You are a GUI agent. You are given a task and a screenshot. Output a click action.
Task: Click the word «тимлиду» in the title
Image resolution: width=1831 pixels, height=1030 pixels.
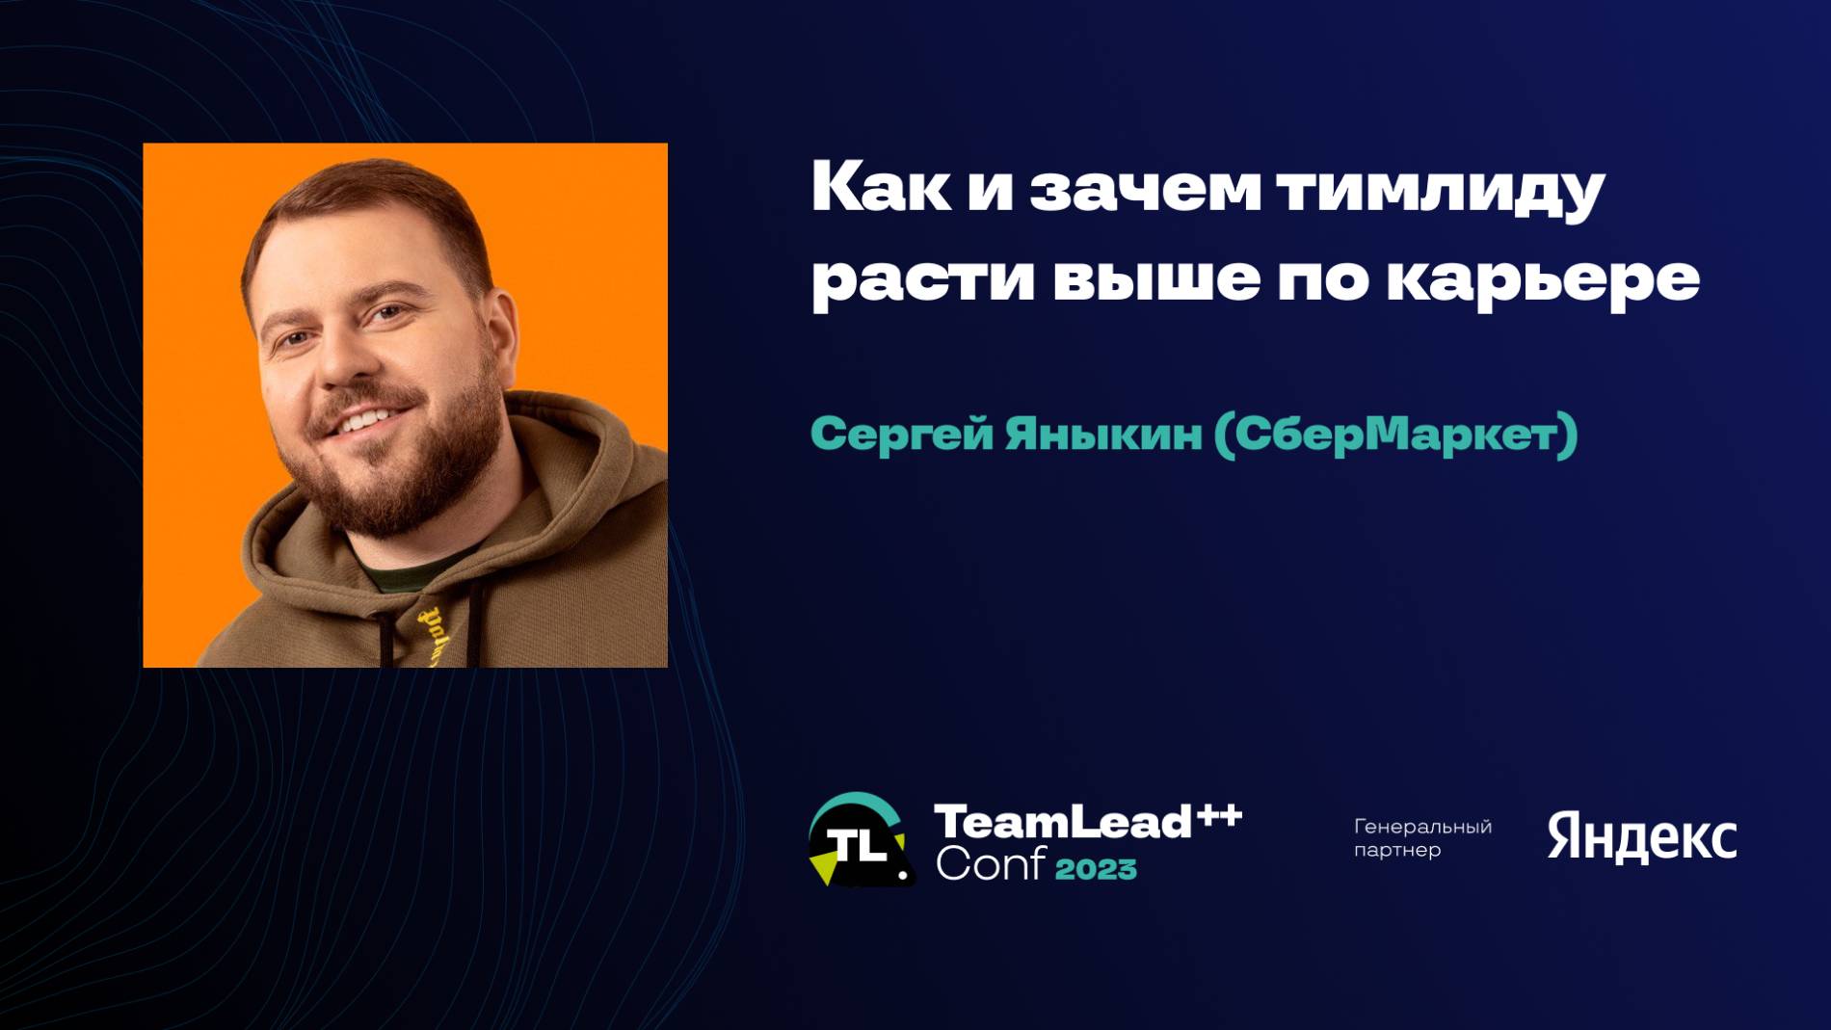click(x=1441, y=190)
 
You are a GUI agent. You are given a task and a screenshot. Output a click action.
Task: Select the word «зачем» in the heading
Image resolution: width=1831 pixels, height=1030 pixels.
click(x=1145, y=190)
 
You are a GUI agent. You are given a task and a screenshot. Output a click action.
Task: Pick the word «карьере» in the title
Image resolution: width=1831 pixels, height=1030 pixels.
click(x=1543, y=280)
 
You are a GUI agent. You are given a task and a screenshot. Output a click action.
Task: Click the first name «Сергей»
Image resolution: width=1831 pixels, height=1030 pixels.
click(x=901, y=436)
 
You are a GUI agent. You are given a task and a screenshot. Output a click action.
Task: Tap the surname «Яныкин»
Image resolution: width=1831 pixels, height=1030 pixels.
click(x=1103, y=435)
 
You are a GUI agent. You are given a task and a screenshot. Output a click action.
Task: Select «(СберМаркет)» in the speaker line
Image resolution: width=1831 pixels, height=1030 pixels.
click(x=1395, y=435)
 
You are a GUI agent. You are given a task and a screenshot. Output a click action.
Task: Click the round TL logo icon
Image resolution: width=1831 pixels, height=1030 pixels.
click(x=858, y=840)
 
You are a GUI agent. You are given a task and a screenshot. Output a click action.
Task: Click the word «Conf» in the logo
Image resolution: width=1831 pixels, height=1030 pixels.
click(x=990, y=865)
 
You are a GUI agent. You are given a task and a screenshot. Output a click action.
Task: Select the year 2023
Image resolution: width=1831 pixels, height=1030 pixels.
click(x=1096, y=869)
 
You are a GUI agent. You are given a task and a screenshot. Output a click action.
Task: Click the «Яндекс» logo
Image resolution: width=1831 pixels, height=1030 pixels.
click(x=1641, y=837)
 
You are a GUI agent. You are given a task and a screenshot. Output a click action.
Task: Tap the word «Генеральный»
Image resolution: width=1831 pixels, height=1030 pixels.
click(x=1422, y=827)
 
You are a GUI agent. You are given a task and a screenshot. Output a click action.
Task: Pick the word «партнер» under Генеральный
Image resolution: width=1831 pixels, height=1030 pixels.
click(x=1397, y=850)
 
